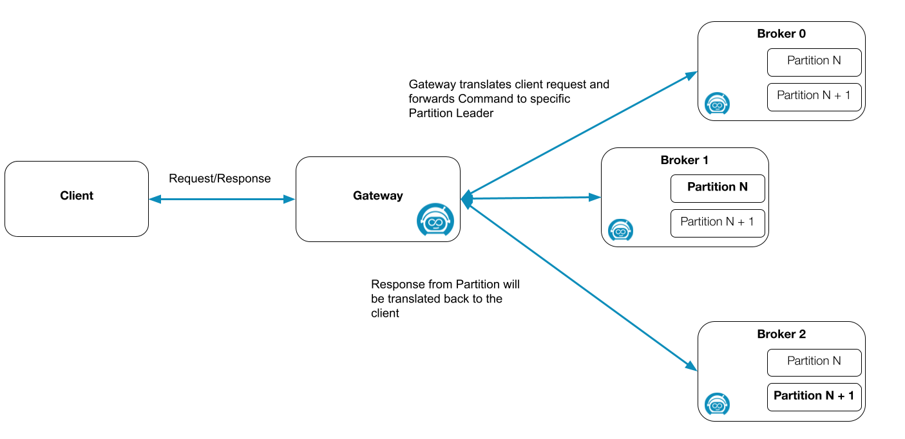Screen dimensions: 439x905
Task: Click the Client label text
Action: click(x=77, y=196)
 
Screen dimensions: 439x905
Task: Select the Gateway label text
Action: click(x=377, y=196)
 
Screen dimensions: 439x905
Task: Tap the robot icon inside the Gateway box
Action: click(x=435, y=221)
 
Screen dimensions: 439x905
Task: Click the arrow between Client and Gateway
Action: click(x=222, y=200)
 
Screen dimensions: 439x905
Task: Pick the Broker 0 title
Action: click(x=781, y=34)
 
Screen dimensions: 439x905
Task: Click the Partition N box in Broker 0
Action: click(x=814, y=62)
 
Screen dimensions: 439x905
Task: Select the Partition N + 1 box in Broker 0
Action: click(x=814, y=97)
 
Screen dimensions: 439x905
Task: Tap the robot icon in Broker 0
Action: click(x=717, y=104)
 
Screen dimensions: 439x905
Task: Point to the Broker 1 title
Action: click(x=685, y=160)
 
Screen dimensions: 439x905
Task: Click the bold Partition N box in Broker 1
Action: click(x=718, y=188)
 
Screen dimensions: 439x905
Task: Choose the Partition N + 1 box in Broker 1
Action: click(x=718, y=223)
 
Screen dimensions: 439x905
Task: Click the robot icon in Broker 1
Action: click(x=620, y=230)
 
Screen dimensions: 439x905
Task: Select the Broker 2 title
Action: click(x=781, y=335)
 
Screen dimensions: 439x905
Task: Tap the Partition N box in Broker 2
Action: click(x=814, y=362)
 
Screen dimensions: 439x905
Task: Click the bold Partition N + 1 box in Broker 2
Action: click(x=814, y=397)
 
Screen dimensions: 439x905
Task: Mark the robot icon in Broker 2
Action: click(x=717, y=404)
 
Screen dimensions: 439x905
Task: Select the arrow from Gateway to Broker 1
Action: click(x=531, y=198)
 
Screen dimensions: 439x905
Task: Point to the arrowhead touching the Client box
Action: click(x=154, y=200)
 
